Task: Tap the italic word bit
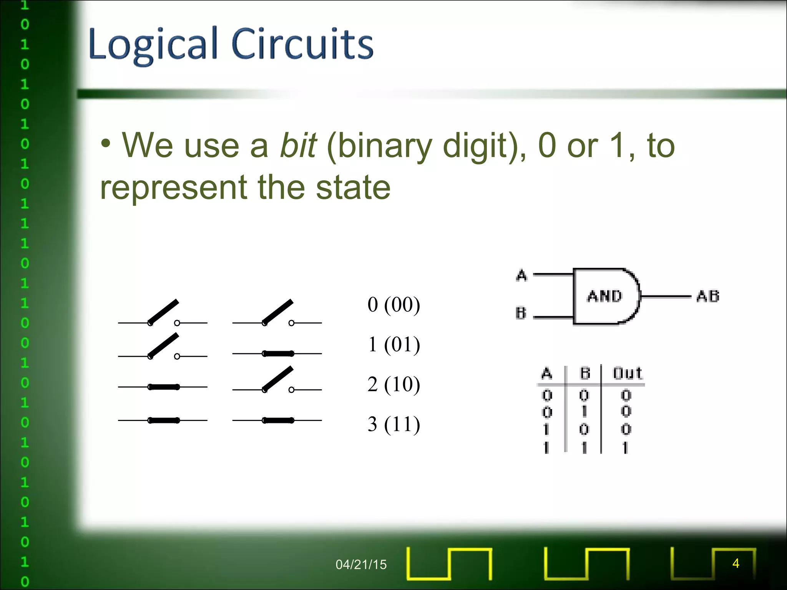[x=298, y=145]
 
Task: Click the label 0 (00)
[x=393, y=305]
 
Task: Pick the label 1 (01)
[x=393, y=344]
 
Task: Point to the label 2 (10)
[x=393, y=384]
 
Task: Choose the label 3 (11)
[x=393, y=424]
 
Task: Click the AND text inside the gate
[x=604, y=296]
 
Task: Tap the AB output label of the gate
[x=708, y=296]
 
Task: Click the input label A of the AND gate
[x=521, y=275]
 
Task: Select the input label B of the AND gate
[x=521, y=313]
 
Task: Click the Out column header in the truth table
[x=627, y=373]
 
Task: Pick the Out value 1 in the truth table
[x=626, y=447]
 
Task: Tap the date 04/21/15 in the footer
[x=361, y=564]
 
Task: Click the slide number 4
[x=736, y=563]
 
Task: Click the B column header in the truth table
[x=584, y=373]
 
